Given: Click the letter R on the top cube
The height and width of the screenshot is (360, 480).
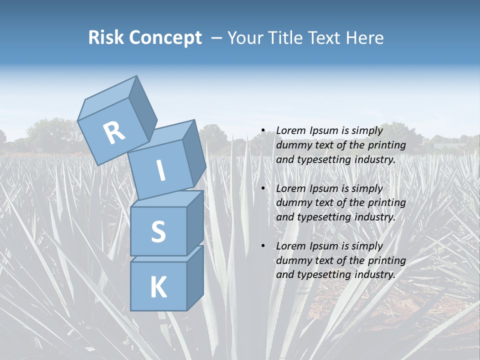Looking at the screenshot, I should [114, 132].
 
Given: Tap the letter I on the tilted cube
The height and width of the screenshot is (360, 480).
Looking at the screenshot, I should [160, 171].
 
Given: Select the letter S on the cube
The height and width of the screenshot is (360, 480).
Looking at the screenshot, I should [158, 231].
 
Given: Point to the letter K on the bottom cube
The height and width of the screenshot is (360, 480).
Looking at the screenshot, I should [158, 287].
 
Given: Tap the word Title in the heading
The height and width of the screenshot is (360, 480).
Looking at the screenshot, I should [286, 37].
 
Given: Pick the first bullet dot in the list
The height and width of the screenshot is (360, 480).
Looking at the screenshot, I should [262, 131].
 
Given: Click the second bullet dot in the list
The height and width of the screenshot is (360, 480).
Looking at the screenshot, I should [262, 189].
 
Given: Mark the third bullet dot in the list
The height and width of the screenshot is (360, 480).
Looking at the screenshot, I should [262, 246].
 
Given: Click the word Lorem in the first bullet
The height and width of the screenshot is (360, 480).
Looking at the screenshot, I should [291, 130].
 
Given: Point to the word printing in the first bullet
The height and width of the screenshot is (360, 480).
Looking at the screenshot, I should [387, 145].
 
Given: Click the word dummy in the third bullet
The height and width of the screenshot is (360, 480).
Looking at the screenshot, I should [292, 260].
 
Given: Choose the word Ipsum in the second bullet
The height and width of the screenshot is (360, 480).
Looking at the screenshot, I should [325, 188].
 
